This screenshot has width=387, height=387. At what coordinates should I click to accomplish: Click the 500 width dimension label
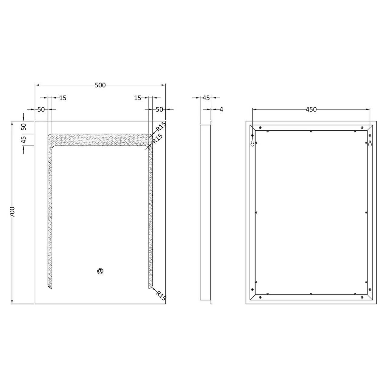pyautogui.click(x=100, y=85)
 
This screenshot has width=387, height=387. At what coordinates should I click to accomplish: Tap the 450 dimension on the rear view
pyautogui.click(x=311, y=109)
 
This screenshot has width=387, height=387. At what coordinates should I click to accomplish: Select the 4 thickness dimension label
pyautogui.click(x=221, y=109)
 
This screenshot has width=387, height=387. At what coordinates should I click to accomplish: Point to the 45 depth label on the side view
pyautogui.click(x=206, y=98)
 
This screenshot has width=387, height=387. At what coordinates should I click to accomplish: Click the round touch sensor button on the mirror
pyautogui.click(x=100, y=271)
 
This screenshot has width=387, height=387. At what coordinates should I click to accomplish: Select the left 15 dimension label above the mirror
pyautogui.click(x=63, y=98)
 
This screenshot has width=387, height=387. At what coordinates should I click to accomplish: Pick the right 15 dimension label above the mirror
pyautogui.click(x=138, y=98)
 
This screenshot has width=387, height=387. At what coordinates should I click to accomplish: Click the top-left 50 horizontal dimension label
pyautogui.click(x=41, y=109)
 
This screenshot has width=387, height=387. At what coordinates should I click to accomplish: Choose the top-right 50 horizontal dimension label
pyautogui.click(x=159, y=109)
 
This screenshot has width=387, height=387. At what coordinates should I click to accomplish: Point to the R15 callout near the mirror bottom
pyautogui.click(x=161, y=295)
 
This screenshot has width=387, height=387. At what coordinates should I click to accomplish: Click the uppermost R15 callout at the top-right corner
pyautogui.click(x=161, y=127)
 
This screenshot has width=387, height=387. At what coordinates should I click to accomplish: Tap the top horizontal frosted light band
pyautogui.click(x=100, y=140)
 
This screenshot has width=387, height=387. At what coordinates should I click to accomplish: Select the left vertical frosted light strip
pyautogui.click(x=50, y=212)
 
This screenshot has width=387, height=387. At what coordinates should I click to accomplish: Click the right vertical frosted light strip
pyautogui.click(x=150, y=212)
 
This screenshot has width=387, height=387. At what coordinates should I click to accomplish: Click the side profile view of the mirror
pyautogui.click(x=206, y=212)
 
